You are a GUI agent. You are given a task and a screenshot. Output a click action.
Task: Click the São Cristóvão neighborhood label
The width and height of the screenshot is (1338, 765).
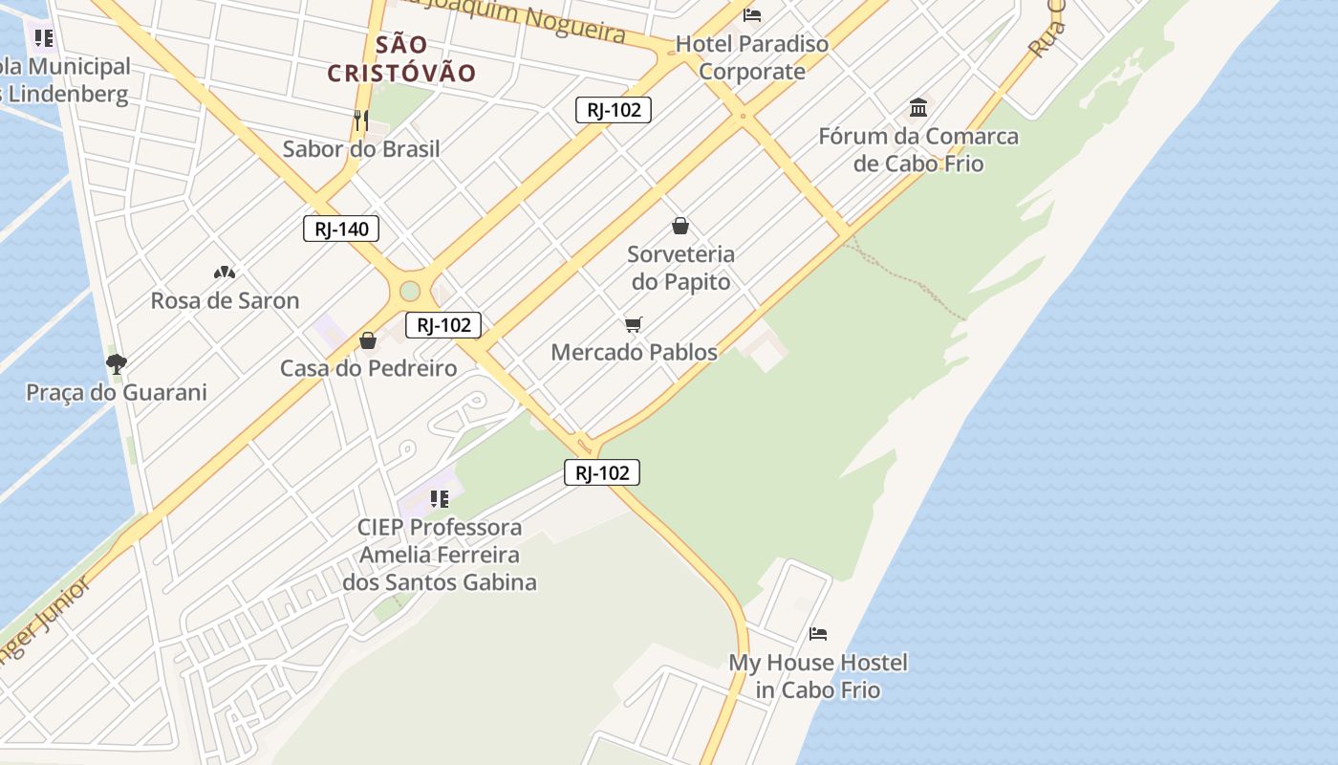401,58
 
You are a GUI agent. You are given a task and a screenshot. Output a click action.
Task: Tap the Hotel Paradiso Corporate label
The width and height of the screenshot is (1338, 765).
752,57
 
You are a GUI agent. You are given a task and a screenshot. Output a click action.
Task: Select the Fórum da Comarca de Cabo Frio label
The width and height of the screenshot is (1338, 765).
918,149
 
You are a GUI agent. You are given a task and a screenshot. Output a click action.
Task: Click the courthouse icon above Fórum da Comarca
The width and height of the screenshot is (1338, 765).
918,107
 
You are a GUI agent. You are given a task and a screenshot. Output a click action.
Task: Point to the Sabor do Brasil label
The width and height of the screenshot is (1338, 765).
361,149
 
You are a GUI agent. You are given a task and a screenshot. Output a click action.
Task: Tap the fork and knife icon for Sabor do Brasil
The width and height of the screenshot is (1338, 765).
361,120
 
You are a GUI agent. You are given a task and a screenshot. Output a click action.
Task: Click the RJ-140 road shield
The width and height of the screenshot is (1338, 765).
341,229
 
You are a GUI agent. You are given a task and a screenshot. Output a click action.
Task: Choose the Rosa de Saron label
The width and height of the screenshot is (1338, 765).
225,300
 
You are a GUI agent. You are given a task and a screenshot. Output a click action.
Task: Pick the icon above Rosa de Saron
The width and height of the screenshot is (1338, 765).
225,273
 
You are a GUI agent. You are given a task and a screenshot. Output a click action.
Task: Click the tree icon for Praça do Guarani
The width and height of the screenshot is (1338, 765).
117,363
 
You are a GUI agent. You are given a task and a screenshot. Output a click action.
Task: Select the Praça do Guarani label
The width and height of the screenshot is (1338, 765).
117,392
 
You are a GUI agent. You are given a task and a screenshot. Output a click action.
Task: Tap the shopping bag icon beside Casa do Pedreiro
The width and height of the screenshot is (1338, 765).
368,340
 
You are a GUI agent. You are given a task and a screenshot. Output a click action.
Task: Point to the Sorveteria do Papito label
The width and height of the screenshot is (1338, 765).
680,268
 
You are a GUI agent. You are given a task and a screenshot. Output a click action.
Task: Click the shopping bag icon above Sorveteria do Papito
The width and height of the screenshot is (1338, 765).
680,226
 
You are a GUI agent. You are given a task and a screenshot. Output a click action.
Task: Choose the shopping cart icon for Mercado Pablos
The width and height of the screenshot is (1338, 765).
634,324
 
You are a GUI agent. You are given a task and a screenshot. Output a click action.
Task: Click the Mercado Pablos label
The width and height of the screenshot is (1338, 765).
634,352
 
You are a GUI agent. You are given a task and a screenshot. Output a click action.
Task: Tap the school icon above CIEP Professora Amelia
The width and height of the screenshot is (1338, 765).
440,498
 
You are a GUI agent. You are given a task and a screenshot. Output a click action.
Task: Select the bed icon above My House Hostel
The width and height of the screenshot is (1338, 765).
818,633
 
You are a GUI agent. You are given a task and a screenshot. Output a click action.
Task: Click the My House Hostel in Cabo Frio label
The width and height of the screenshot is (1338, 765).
818,676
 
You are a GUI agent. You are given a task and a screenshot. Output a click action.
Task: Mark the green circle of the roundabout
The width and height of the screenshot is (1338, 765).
410,291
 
